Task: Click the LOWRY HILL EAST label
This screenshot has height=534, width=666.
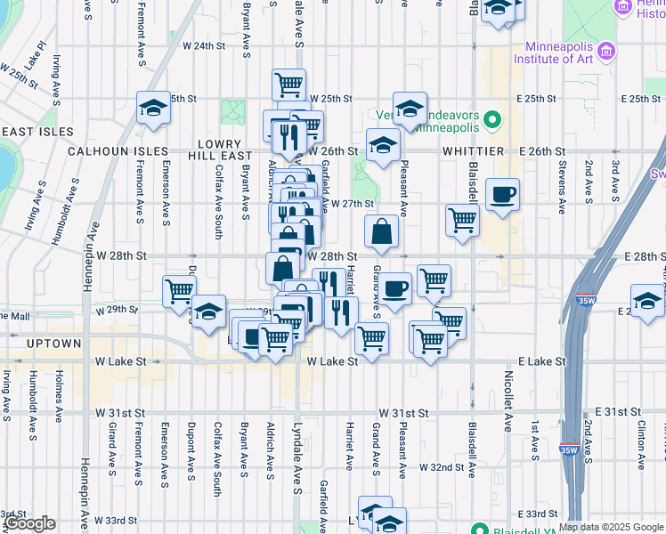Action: click(219, 150)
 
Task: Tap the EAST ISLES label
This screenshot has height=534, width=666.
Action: click(36, 132)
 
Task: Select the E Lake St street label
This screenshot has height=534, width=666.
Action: click(541, 361)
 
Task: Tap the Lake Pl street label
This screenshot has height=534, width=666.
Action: click(36, 57)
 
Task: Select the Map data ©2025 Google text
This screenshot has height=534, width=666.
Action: click(611, 527)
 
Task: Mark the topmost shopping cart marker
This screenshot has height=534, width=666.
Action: click(288, 85)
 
